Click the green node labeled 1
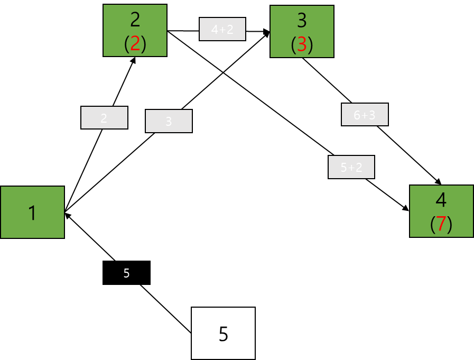[32, 213]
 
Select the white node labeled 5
[223, 334]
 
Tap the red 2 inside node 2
[135, 44]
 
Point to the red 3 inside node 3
[302, 45]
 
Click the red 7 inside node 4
[441, 224]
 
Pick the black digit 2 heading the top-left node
[135, 20]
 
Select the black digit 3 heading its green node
[302, 20]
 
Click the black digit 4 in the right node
[441, 200]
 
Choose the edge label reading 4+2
[222, 30]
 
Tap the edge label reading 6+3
[365, 115]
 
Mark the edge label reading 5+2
[351, 168]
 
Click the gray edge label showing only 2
[104, 118]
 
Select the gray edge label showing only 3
[169, 121]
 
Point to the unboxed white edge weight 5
[126, 273]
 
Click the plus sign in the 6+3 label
[365, 115]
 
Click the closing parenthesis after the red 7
[450, 224]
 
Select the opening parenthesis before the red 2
[127, 44]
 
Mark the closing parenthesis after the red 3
[310, 45]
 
